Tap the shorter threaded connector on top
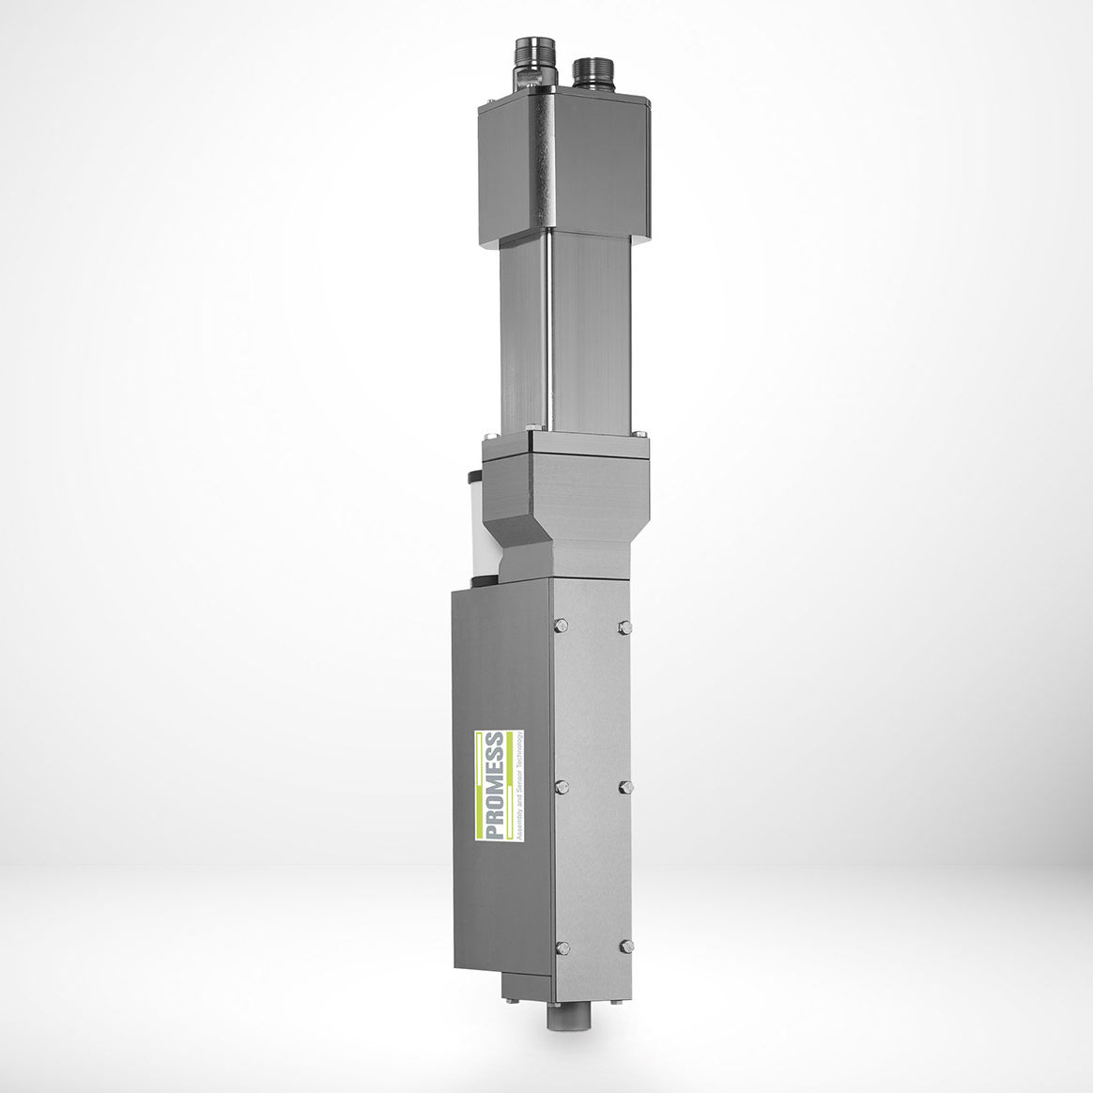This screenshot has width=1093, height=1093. [x=593, y=71]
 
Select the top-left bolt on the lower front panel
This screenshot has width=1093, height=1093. [x=562, y=626]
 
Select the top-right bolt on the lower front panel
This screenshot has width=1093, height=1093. [x=623, y=626]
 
